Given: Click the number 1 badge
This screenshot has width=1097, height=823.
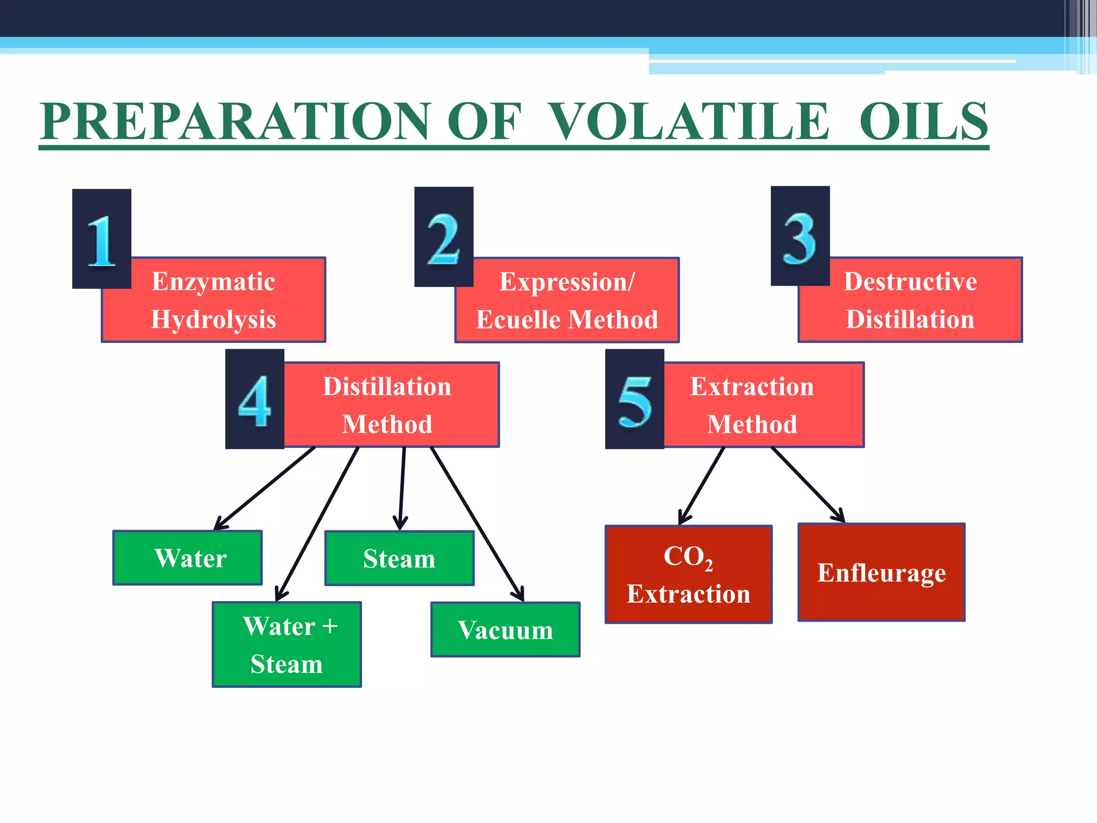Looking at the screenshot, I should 102,239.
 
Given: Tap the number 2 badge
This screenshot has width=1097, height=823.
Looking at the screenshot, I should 444,237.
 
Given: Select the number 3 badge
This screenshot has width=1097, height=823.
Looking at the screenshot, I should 800,236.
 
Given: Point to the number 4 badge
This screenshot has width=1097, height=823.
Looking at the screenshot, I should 254,399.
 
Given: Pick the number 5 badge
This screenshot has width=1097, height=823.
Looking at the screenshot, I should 635,399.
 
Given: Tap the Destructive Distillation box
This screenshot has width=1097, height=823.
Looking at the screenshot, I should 911,300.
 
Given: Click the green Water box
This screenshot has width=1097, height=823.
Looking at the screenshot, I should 187,558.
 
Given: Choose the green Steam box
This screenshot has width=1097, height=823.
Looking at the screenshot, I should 400,558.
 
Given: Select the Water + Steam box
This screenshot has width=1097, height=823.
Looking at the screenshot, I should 287,645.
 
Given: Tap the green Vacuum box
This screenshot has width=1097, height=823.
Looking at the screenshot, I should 506,630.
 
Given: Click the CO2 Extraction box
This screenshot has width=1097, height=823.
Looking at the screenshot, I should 689,574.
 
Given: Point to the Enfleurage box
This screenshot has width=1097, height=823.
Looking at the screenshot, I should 882,572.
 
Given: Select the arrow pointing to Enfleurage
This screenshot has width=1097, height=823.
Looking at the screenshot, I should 808,484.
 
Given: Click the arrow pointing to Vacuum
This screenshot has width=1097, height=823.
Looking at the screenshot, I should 477,523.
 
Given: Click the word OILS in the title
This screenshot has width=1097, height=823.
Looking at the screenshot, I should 923,122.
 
